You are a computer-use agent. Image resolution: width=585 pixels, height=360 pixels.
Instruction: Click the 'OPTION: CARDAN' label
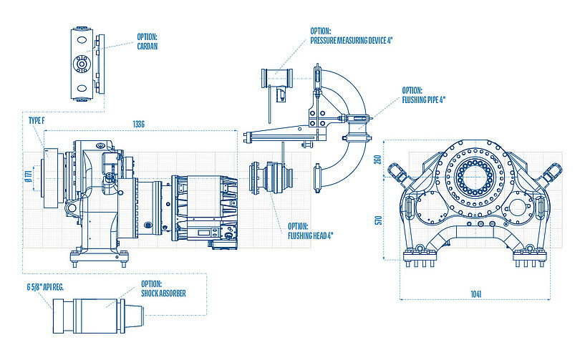click(x=147, y=42)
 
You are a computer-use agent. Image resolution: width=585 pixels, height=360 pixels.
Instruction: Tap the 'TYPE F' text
click(x=37, y=122)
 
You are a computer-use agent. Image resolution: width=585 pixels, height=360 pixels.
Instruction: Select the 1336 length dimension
click(x=139, y=125)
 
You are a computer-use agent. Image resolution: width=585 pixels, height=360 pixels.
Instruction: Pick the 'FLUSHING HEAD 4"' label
click(x=310, y=230)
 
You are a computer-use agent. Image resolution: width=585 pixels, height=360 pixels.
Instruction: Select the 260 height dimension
click(x=377, y=160)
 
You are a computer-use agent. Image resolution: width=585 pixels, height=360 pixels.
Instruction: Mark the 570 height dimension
click(x=377, y=221)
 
